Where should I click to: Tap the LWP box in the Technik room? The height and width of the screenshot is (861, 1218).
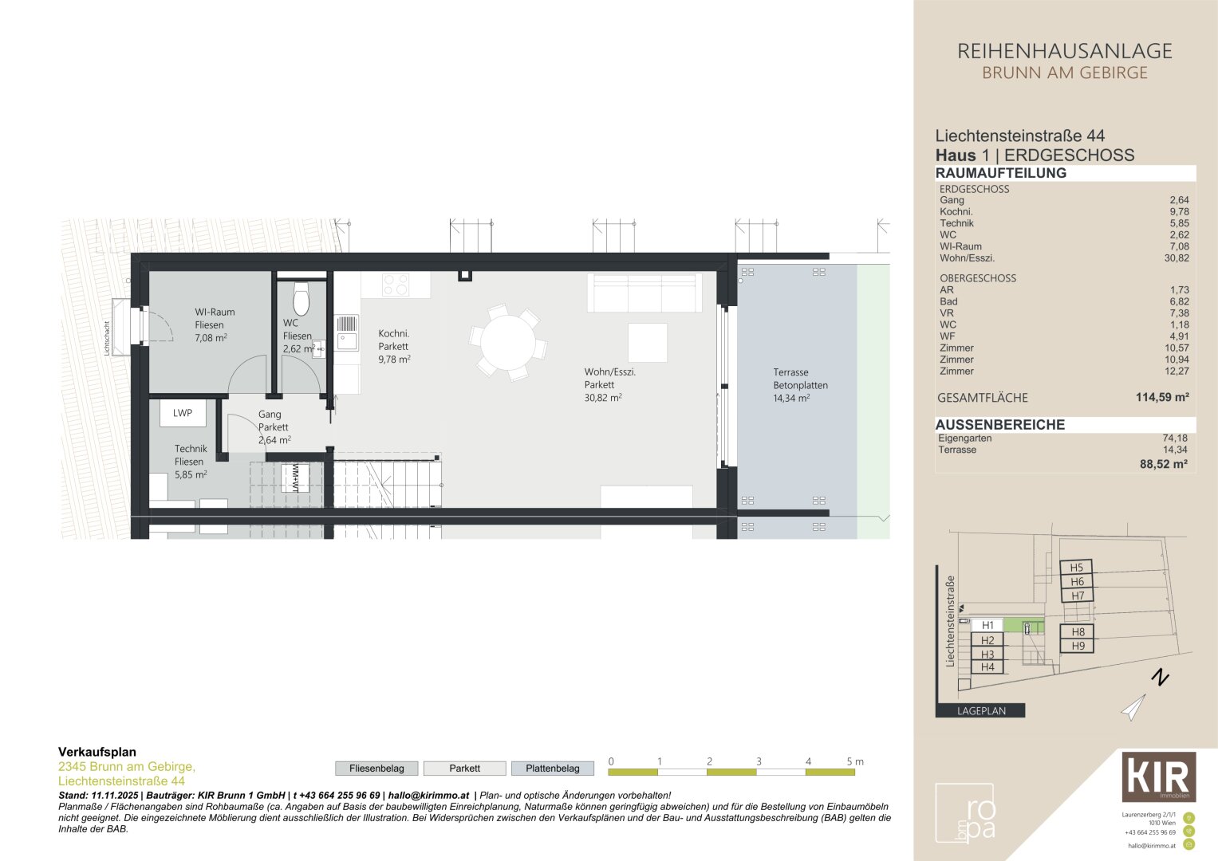click(183, 413)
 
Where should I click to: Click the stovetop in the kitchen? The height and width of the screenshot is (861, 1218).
click(396, 285)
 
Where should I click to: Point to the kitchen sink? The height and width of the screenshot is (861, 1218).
click(347, 341)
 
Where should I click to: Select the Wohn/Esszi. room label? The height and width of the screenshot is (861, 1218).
click(609, 372)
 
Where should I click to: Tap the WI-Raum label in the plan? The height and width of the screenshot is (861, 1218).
click(215, 313)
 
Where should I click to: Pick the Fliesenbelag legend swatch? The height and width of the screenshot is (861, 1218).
click(376, 769)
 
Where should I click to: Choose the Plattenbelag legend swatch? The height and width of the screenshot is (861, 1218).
click(552, 769)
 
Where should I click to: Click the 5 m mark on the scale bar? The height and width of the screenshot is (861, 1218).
click(854, 762)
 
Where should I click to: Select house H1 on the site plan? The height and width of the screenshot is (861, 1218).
click(987, 625)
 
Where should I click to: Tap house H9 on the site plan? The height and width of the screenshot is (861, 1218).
click(1077, 646)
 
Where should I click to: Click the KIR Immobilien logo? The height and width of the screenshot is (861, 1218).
click(1158, 776)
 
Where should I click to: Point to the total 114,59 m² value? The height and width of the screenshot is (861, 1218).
click(1162, 397)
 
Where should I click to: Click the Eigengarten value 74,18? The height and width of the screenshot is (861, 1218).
click(1175, 438)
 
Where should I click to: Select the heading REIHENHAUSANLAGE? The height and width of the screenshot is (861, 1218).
click(1064, 52)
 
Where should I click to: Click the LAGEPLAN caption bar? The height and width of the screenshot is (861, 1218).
click(980, 711)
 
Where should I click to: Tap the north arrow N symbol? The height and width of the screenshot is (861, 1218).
click(1160, 679)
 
